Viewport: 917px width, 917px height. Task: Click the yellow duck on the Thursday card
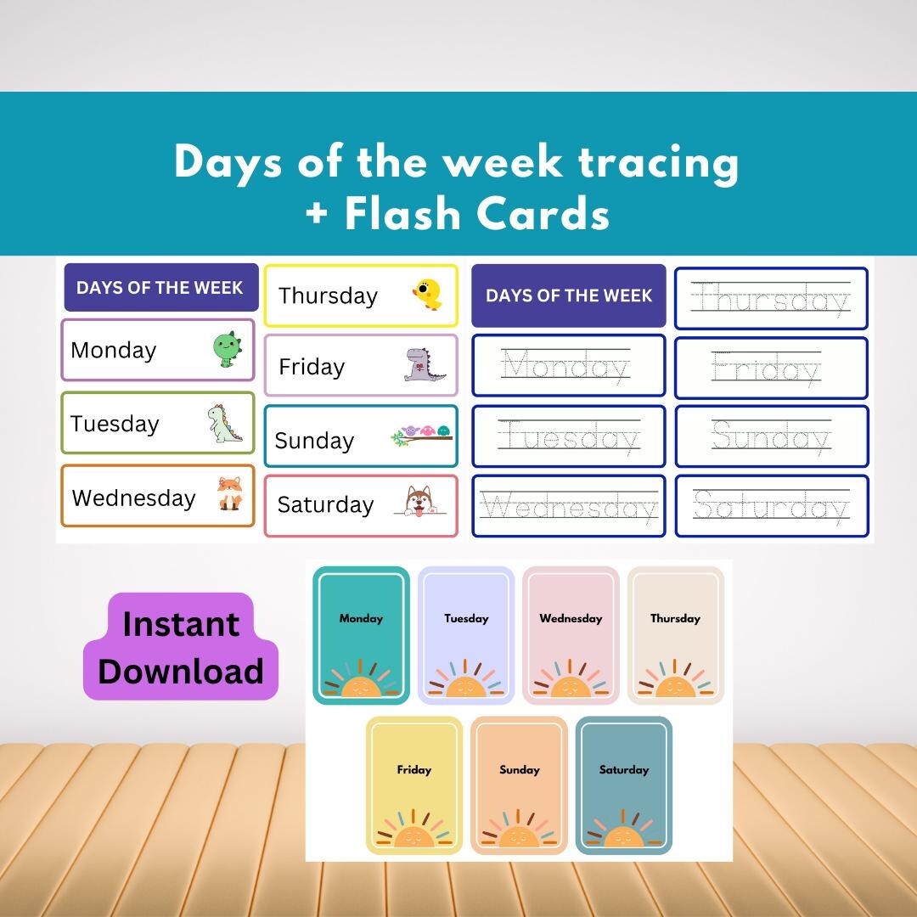pyautogui.click(x=426, y=294)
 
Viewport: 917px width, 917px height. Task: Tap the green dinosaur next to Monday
pyautogui.click(x=227, y=349)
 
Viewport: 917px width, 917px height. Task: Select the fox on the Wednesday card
pyautogui.click(x=229, y=494)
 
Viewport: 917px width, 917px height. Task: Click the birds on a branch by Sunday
pyautogui.click(x=421, y=436)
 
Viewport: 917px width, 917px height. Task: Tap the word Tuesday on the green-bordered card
pyautogui.click(x=115, y=424)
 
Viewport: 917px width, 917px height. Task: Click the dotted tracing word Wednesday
pyautogui.click(x=568, y=508)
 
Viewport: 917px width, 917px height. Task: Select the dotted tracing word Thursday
pyautogui.click(x=771, y=300)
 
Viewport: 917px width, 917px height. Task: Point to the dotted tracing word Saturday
pyautogui.click(x=771, y=507)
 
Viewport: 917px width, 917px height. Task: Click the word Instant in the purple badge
pyautogui.click(x=181, y=624)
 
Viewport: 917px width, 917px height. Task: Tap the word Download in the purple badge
pyautogui.click(x=181, y=672)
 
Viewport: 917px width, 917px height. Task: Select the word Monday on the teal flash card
pyautogui.click(x=361, y=618)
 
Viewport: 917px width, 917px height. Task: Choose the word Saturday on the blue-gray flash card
pyautogui.click(x=623, y=769)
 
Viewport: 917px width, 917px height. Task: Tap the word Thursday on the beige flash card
pyautogui.click(x=675, y=618)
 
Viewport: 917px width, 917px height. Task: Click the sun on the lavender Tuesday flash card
pyautogui.click(x=466, y=684)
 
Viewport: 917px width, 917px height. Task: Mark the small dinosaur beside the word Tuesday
pyautogui.click(x=225, y=424)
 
